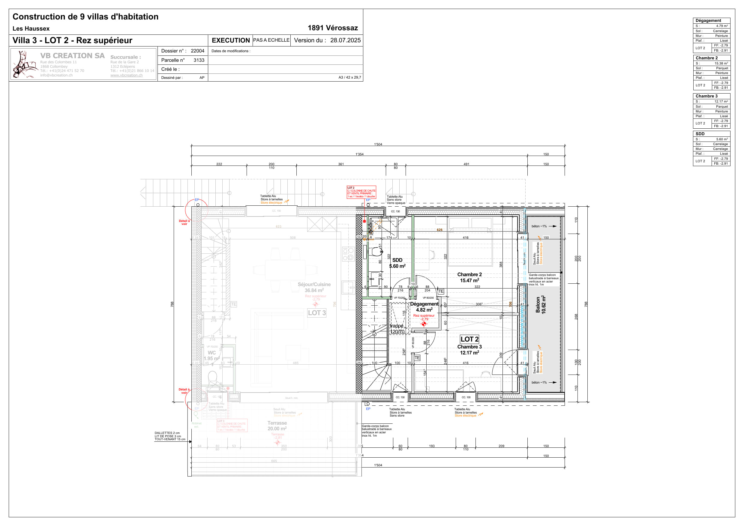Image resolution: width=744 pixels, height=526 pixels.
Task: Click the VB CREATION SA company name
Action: click(x=72, y=56)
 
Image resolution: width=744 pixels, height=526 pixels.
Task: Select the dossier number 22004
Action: click(x=197, y=51)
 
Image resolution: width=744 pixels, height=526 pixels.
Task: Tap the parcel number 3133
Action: click(x=199, y=60)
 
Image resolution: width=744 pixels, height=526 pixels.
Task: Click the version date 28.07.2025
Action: click(x=345, y=40)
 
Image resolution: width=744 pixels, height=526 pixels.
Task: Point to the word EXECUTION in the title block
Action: click(x=230, y=40)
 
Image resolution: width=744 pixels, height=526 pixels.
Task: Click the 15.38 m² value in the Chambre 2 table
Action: click(x=721, y=63)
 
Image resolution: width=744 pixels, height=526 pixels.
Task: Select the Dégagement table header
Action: click(x=708, y=20)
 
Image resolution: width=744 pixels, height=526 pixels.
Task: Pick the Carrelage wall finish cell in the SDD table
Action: click(x=720, y=149)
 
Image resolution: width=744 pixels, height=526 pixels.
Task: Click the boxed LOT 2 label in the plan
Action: click(x=469, y=339)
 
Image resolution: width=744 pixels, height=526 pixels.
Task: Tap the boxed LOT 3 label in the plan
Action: click(x=316, y=313)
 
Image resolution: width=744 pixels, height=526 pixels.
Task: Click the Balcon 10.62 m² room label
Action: click(x=541, y=304)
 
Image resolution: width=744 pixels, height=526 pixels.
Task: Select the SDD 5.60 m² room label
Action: click(x=397, y=263)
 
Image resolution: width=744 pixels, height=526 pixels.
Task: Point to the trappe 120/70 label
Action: click(x=397, y=329)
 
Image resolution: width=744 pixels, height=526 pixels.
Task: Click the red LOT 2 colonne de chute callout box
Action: click(x=361, y=192)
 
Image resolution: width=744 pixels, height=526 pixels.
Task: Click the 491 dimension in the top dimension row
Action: click(x=466, y=164)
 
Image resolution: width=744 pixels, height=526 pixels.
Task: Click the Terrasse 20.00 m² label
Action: click(x=277, y=426)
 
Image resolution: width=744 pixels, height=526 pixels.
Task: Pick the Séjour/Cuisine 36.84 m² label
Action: click(x=314, y=287)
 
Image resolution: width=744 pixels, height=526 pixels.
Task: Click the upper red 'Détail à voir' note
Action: click(x=184, y=222)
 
